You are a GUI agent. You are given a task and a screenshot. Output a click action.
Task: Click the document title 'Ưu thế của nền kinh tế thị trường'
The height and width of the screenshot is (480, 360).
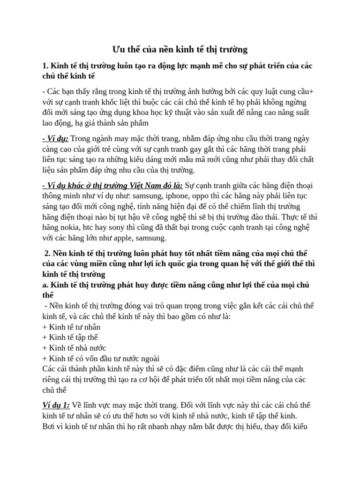pyautogui.click(x=180, y=49)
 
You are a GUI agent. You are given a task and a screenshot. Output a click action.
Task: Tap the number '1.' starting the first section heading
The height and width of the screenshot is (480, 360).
pyautogui.click(x=45, y=66)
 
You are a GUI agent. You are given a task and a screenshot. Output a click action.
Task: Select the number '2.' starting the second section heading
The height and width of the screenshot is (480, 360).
pyautogui.click(x=47, y=253)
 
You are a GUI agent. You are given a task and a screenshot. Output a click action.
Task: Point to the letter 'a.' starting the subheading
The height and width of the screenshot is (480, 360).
pyautogui.click(x=45, y=285)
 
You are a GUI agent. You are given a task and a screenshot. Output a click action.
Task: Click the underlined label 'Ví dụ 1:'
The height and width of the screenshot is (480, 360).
pyautogui.click(x=56, y=405)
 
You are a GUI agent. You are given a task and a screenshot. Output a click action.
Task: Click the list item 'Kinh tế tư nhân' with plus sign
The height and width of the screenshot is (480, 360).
pyautogui.click(x=71, y=327)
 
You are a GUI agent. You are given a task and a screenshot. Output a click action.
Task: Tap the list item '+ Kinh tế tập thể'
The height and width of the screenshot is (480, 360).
pyautogui.click(x=70, y=337)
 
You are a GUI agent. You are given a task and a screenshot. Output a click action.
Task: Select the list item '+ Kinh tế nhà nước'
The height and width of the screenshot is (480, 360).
pyautogui.click(x=74, y=348)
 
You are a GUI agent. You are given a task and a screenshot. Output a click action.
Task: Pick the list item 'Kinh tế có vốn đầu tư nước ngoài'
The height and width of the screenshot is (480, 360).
pyautogui.click(x=97, y=359)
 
